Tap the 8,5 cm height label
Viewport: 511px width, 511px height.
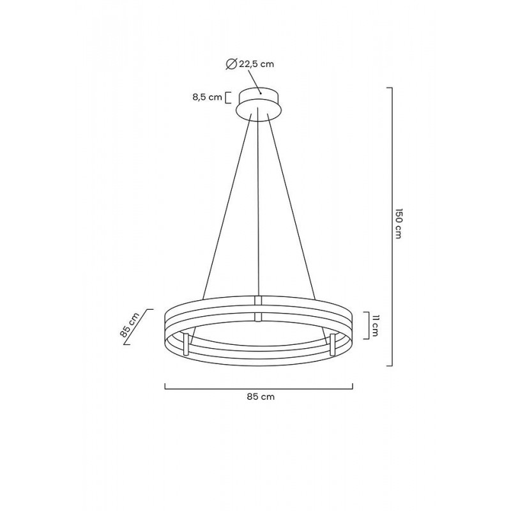(208, 98)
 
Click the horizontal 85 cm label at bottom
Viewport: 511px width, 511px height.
(261, 397)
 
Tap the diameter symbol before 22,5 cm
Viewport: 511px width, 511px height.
(231, 63)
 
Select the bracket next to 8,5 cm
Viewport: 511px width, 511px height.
(228, 98)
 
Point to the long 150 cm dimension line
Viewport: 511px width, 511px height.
(390, 227)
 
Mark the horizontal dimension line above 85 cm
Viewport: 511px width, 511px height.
(259, 387)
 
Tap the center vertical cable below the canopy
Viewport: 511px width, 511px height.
(258, 204)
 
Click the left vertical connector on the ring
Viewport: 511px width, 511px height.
(186, 344)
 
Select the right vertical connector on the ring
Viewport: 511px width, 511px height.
(332, 344)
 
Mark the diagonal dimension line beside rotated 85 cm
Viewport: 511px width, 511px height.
(139, 328)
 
